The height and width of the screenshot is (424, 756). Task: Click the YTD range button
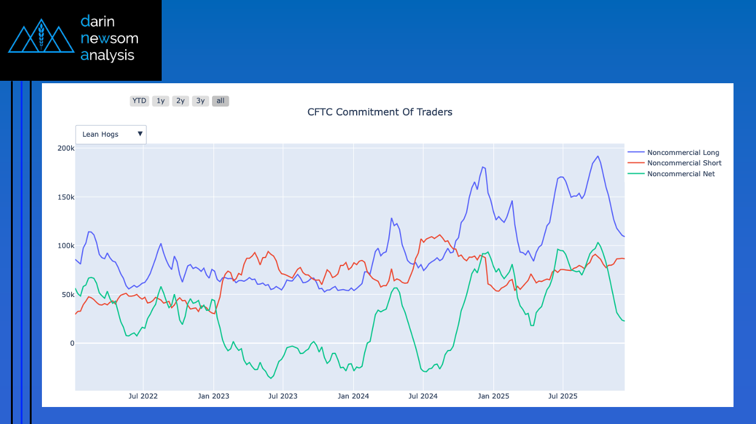tap(139, 101)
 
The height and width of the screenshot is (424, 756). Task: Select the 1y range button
tap(160, 101)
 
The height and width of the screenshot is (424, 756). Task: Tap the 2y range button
tap(180, 101)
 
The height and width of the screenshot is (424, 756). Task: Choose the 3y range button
tap(201, 101)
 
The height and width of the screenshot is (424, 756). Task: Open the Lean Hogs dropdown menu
tap(111, 134)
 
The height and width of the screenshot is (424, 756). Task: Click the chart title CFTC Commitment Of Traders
tap(380, 112)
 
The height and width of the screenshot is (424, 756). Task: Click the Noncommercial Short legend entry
tap(684, 163)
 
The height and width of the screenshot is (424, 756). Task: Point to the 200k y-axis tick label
tap(66, 148)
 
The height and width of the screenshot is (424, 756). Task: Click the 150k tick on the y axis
tap(66, 197)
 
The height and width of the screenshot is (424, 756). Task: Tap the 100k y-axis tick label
tap(66, 246)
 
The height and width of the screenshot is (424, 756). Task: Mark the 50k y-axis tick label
tap(67, 295)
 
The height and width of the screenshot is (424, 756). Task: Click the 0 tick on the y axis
tap(72, 343)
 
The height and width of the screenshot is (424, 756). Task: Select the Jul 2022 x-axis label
tap(143, 396)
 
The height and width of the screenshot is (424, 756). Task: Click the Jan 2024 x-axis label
tap(353, 396)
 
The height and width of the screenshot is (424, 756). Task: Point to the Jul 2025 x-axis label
tap(563, 396)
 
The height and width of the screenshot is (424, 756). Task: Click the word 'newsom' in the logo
tap(109, 38)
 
